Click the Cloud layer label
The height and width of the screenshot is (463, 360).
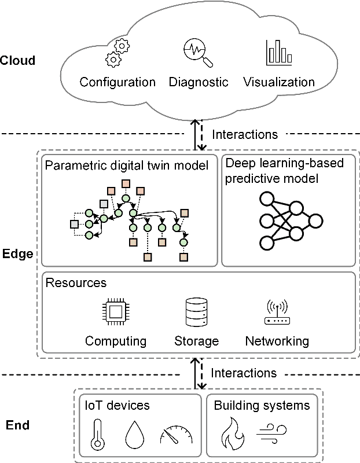tap(18, 60)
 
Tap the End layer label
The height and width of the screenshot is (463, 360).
tap(17, 427)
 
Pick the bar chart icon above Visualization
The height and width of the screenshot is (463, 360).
tap(279, 53)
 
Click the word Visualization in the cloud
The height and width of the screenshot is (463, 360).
tap(279, 82)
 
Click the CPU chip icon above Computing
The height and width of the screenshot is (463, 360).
tap(115, 313)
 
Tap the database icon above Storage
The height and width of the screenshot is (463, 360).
tap(196, 313)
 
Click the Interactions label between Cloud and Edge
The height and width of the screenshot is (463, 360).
tap(245, 134)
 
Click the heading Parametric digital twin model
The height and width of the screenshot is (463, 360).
tap(126, 166)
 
